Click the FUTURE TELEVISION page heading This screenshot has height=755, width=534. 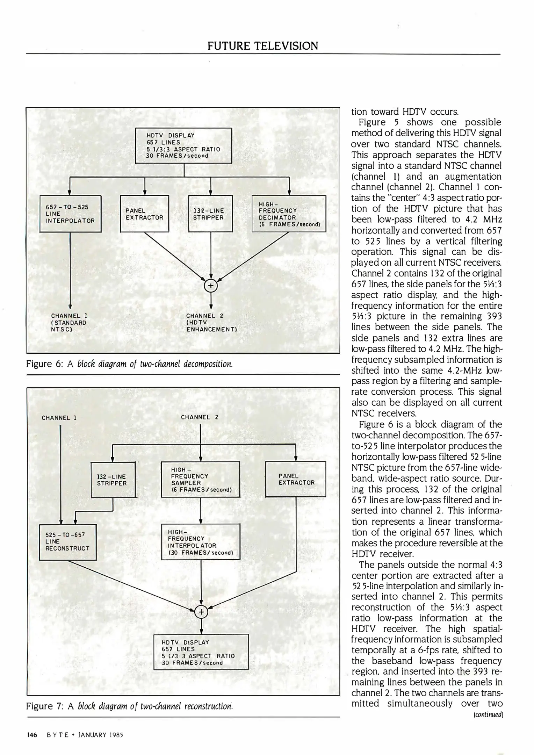pos(262,46)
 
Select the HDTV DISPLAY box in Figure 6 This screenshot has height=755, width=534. pos(183,145)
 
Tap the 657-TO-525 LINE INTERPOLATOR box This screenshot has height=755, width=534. pos(70,214)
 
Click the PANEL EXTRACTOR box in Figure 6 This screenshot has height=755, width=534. pos(144,214)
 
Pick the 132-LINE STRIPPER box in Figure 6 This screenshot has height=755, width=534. pos(210,214)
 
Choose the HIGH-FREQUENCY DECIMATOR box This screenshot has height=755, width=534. pos(289,214)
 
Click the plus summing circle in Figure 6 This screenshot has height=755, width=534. pos(210,286)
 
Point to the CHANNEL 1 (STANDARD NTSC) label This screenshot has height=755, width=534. pos(68,322)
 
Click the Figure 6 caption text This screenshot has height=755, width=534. pos(129,364)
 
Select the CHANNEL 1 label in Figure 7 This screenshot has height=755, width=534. pos(59,418)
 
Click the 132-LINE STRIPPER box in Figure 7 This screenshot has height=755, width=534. pos(113,480)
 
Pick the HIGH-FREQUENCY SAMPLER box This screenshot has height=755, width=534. pos(200,479)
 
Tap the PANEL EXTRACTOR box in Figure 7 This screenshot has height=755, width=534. pos(296,479)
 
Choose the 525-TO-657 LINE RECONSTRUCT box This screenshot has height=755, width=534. pos(67,542)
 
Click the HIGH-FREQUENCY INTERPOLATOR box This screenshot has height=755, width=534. pos(200,542)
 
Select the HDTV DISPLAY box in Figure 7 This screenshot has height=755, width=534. pos(201,652)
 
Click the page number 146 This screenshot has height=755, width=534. pos(32,735)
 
